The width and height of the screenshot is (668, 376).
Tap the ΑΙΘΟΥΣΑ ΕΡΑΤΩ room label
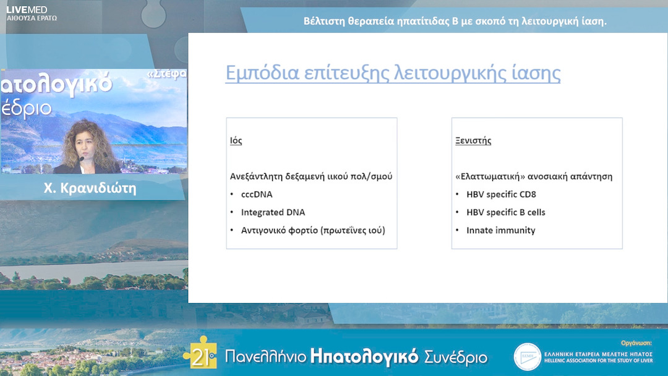pyautogui.click(x=32, y=19)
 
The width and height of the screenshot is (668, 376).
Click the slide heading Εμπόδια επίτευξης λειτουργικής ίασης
pyautogui.click(x=393, y=73)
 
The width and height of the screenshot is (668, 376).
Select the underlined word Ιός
pyautogui.click(x=236, y=140)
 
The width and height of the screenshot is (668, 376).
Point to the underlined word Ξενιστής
pyautogui.click(x=473, y=140)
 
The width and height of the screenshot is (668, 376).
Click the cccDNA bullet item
pyautogui.click(x=257, y=194)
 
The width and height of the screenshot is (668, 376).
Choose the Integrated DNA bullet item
pyautogui.click(x=273, y=212)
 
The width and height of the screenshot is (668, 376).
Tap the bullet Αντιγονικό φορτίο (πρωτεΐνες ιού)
pyautogui.click(x=313, y=230)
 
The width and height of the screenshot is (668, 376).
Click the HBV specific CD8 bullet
pyautogui.click(x=501, y=194)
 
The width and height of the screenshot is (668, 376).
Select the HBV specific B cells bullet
pyautogui.click(x=506, y=212)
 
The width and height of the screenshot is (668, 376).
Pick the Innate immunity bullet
pyautogui.click(x=501, y=230)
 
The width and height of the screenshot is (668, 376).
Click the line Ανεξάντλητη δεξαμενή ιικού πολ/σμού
pyautogui.click(x=311, y=176)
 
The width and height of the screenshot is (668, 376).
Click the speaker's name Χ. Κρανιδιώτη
pyautogui.click(x=90, y=189)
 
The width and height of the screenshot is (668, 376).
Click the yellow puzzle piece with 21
pyautogui.click(x=201, y=353)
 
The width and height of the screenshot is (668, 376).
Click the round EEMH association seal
pyautogui.click(x=526, y=357)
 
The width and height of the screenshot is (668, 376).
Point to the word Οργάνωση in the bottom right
pyautogui.click(x=636, y=343)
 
